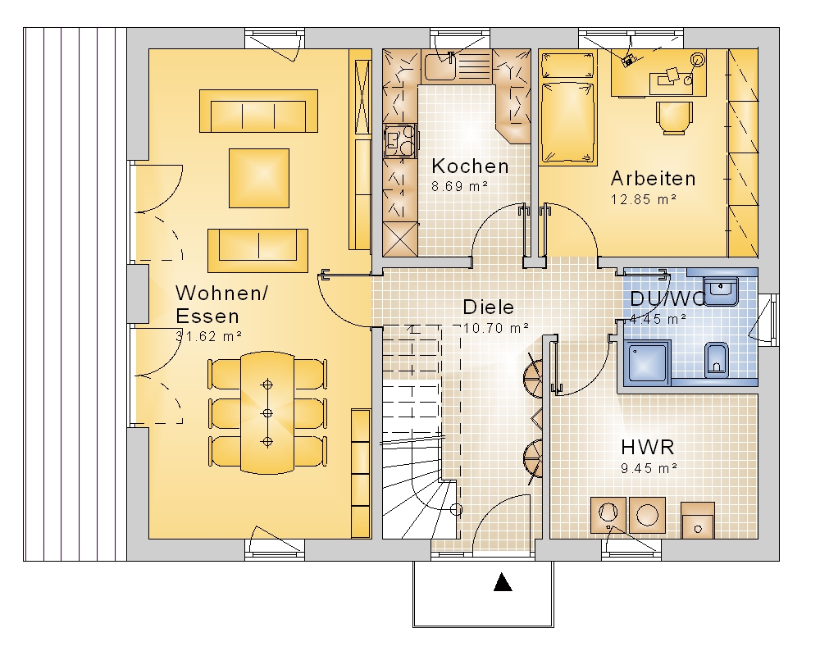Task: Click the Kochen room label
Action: click(x=470, y=166)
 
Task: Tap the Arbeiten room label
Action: click(x=654, y=178)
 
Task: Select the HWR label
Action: click(x=648, y=448)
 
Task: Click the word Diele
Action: click(x=489, y=307)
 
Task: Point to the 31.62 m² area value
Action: click(x=208, y=336)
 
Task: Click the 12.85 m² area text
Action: click(x=644, y=199)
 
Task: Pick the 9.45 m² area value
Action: click(x=649, y=468)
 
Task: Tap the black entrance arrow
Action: click(x=503, y=582)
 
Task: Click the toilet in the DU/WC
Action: click(x=717, y=360)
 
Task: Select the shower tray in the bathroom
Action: click(x=648, y=362)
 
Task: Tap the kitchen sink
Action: click(x=440, y=66)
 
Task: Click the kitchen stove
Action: click(x=400, y=141)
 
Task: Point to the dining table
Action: click(x=267, y=413)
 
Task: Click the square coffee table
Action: click(x=259, y=178)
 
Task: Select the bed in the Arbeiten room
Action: click(x=568, y=108)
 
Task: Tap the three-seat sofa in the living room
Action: click(x=258, y=111)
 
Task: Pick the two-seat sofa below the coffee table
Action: click(x=257, y=250)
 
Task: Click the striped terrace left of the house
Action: click(x=75, y=294)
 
